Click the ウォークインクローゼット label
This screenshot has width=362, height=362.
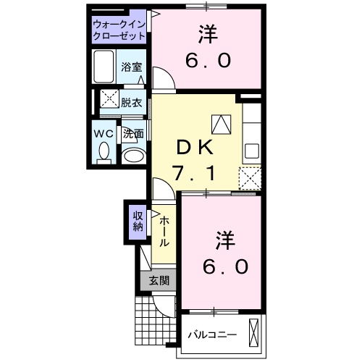[x=120, y=31]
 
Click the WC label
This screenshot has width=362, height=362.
[x=102, y=133]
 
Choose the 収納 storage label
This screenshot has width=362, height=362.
[x=137, y=220]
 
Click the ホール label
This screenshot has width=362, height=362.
[x=164, y=232]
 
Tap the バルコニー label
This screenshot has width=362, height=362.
[x=213, y=335]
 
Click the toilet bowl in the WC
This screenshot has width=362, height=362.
[x=103, y=152]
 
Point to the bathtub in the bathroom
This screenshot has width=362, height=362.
[x=104, y=67]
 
